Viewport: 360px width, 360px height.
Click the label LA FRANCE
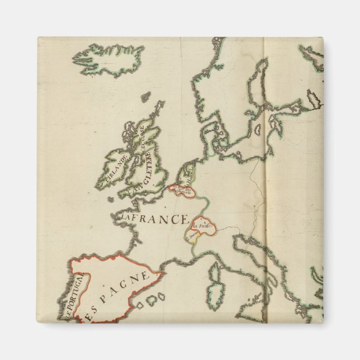(x=152, y=217)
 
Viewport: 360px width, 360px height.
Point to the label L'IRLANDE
(x=113, y=168)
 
